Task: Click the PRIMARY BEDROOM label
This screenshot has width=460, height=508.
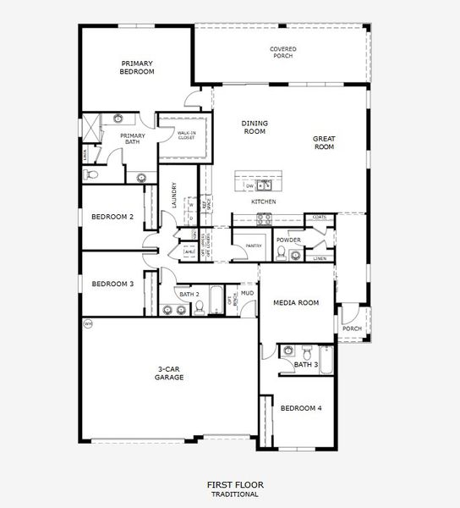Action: [137, 68]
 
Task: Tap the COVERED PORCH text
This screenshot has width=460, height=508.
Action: [282, 53]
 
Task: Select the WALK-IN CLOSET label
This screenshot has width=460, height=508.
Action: [185, 135]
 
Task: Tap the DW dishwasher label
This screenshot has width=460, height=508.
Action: [249, 185]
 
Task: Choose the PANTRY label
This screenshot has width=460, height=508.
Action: [254, 246]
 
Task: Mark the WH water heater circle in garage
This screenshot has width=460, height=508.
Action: [87, 323]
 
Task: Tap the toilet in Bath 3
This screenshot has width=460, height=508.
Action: [307, 351]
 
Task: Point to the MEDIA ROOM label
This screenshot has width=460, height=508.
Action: [295, 302]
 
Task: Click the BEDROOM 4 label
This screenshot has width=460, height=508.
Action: [301, 409]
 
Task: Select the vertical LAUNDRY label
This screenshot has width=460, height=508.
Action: [172, 196]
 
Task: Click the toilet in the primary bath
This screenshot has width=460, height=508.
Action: [92, 174]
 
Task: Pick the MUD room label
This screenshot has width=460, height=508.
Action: [248, 294]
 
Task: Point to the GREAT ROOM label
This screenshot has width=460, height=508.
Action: [324, 143]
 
